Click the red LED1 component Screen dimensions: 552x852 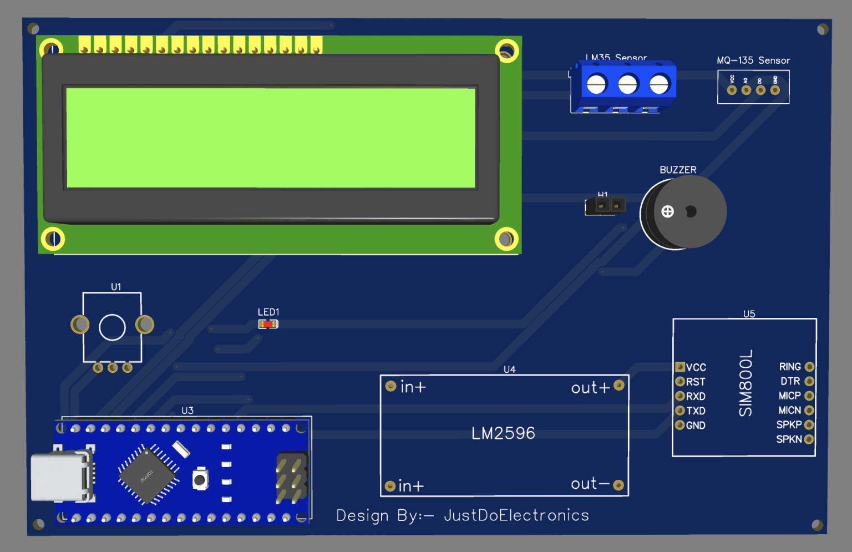[x=268, y=324]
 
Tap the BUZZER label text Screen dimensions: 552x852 [x=678, y=170]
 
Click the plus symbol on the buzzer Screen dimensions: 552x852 [x=668, y=211]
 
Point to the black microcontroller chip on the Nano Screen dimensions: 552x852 [x=148, y=474]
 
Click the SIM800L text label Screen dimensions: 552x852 [x=746, y=383]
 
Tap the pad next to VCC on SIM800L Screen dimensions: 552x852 [x=680, y=367]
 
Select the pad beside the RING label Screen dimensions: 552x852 [x=809, y=367]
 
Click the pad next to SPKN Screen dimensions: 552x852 [x=809, y=439]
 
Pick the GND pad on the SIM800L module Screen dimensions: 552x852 [x=680, y=425]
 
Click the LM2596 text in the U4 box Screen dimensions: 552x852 [x=503, y=433]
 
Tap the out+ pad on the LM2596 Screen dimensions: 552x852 [x=619, y=385]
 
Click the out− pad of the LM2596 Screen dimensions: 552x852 [x=618, y=485]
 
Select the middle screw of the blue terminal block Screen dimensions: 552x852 [x=628, y=85]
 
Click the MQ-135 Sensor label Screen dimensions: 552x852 [x=753, y=60]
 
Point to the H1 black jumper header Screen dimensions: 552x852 [x=606, y=206]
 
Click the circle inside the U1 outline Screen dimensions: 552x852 [x=112, y=327]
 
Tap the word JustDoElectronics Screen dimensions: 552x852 [x=516, y=515]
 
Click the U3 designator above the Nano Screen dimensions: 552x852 [x=187, y=411]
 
